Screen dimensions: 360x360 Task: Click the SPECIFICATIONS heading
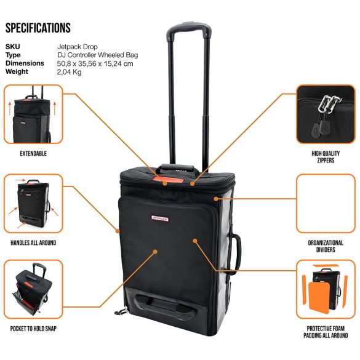(38, 28)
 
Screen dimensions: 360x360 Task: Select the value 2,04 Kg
(69, 72)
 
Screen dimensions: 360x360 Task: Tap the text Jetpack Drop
(78, 47)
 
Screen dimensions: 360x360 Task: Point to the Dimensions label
(25, 63)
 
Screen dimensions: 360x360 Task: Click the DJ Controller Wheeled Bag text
(98, 55)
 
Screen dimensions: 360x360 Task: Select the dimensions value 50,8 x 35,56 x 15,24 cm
(95, 63)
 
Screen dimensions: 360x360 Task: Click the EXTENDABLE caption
(33, 153)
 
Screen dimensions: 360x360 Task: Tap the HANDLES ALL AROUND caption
(33, 242)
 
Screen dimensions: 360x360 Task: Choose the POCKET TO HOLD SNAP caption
(33, 329)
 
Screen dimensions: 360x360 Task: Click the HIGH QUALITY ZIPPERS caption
(326, 157)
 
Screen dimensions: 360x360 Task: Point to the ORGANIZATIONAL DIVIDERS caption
(326, 246)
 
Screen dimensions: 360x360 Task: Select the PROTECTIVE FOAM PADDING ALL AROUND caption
(326, 332)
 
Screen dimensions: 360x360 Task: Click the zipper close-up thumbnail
(326, 114)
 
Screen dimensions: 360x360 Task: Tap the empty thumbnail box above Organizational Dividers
(326, 204)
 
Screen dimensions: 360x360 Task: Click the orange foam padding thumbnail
(326, 289)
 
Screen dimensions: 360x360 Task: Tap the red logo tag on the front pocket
(160, 218)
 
